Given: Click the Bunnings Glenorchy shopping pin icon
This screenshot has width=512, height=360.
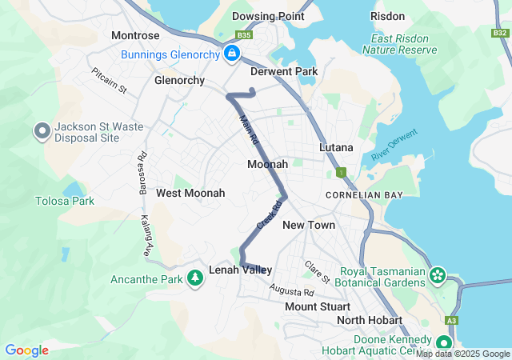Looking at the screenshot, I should click(231, 54).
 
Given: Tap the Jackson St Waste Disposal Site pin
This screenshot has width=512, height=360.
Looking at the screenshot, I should click(42, 130).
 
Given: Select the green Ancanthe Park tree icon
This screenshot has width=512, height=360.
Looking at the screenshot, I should click(194, 278).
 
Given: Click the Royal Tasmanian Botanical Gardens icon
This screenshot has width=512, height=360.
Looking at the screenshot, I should click(438, 276).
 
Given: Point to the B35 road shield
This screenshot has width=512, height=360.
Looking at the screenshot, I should click(244, 35).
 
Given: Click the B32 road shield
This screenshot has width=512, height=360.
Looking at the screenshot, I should click(499, 33).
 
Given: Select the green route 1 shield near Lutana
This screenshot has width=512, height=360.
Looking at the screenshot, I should click(341, 172).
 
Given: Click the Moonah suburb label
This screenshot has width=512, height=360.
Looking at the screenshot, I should click(267, 164).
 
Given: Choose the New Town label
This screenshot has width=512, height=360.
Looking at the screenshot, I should click(309, 225).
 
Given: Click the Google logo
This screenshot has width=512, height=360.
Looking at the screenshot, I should click(26, 350).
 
